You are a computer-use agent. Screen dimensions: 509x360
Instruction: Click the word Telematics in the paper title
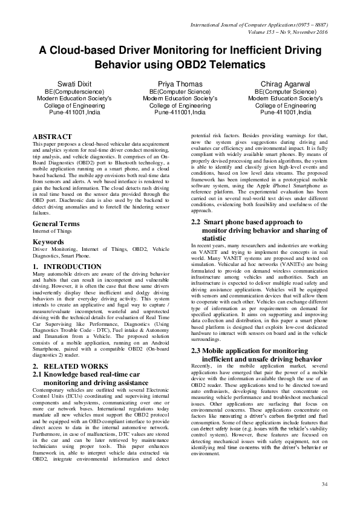click(x=236, y=63)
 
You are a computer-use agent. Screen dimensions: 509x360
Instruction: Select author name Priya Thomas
click(x=180, y=83)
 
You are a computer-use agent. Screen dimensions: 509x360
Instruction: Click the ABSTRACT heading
click(x=52, y=137)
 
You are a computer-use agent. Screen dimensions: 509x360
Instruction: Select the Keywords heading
click(x=48, y=259)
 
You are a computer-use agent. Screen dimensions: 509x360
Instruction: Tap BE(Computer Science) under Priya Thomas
click(x=180, y=90)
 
